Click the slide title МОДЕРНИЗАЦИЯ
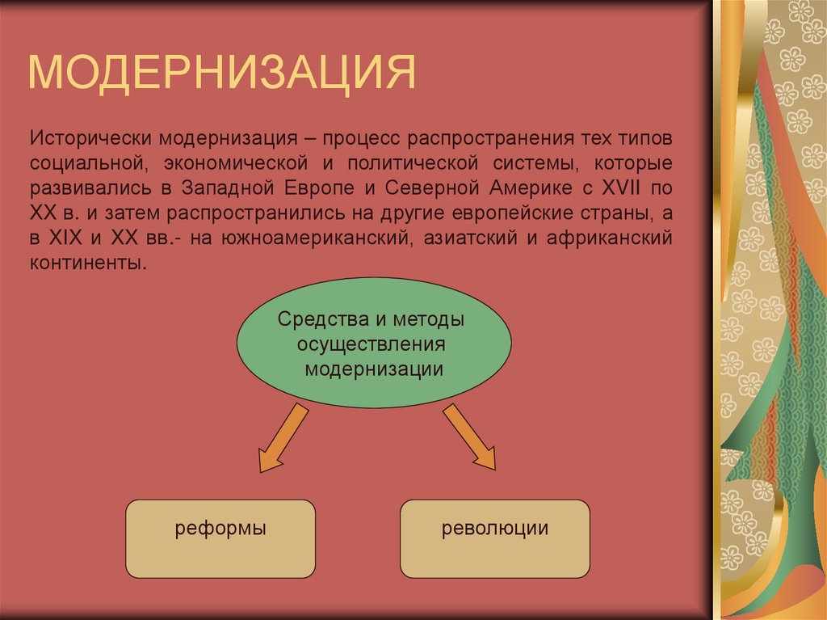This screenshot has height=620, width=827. point(222,72)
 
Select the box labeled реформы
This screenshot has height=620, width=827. point(220,538)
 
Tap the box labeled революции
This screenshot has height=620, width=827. point(495,538)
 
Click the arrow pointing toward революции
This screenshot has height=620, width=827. point(471,437)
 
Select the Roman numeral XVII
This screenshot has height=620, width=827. point(618,188)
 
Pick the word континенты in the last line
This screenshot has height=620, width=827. point(89,264)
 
